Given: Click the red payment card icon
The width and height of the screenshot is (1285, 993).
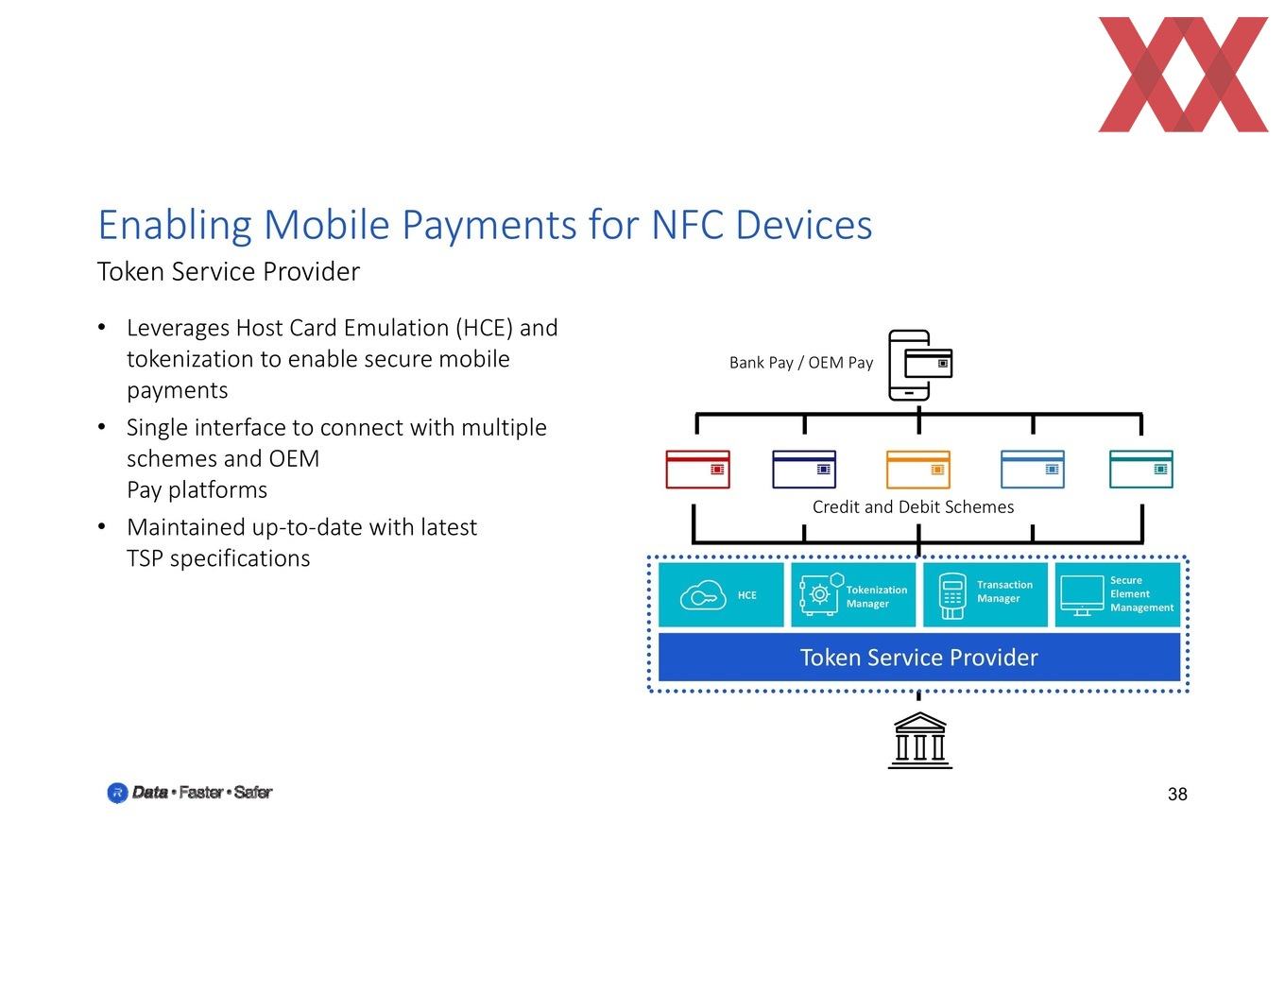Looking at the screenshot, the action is (697, 470).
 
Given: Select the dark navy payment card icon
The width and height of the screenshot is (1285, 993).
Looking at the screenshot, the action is (804, 470).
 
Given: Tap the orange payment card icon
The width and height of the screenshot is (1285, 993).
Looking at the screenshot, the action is (918, 470).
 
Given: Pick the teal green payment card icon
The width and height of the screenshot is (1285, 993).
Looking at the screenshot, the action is (1141, 470).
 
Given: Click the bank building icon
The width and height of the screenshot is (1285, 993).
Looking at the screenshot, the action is (920, 740).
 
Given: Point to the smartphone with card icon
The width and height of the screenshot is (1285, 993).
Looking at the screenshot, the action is (920, 366).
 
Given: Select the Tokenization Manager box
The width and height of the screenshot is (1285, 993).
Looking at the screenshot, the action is (853, 594).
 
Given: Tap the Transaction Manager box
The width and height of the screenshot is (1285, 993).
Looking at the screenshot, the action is (985, 594).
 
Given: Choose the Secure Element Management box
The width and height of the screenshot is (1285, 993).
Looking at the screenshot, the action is (1118, 594).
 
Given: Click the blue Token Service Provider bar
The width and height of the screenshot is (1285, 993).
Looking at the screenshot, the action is (919, 658).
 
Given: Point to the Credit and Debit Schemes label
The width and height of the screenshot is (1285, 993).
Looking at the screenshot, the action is (913, 507).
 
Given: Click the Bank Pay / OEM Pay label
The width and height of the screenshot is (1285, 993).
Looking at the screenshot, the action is (801, 362).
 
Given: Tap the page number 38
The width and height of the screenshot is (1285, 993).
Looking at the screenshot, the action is (1177, 794).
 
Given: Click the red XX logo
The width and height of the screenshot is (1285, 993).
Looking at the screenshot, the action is (1183, 75).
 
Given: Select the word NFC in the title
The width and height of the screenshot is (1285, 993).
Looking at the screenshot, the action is (687, 225).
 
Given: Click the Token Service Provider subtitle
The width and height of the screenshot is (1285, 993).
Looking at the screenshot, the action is (229, 272).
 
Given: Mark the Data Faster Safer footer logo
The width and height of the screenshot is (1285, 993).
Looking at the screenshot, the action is (189, 792).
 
